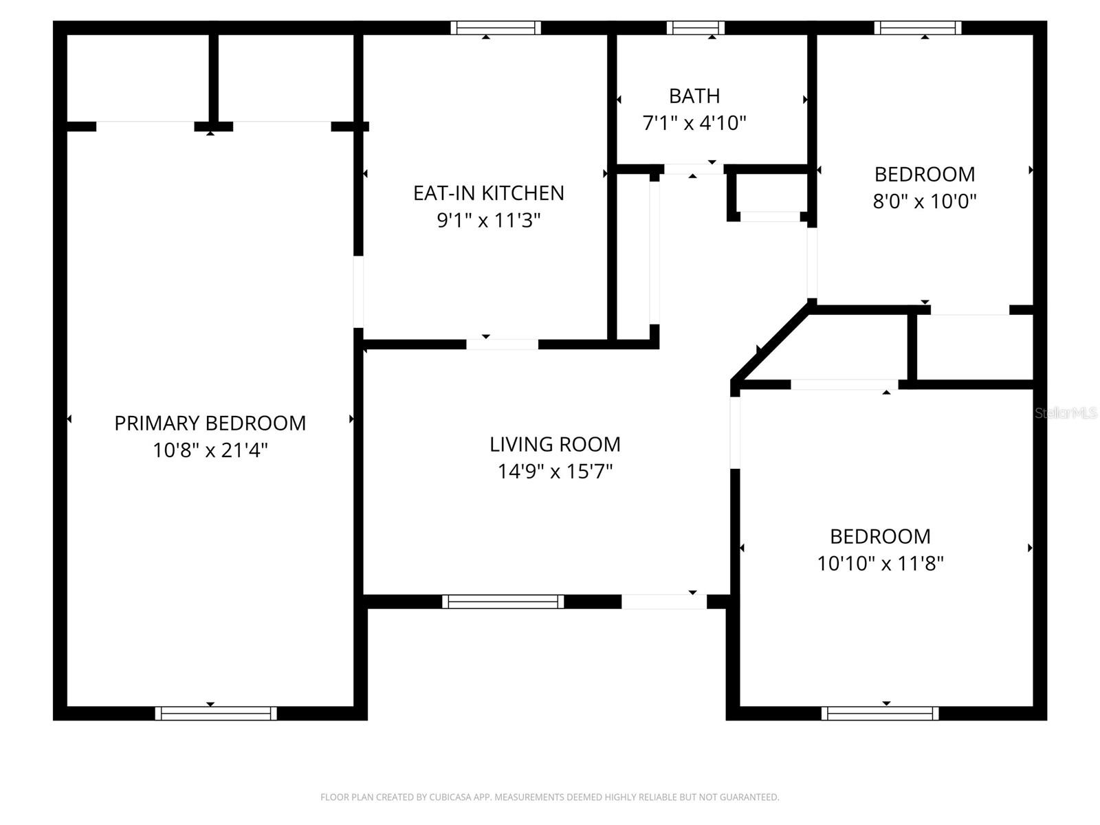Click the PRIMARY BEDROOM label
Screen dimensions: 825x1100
(210, 423)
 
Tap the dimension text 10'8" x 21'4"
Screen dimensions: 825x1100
(210, 450)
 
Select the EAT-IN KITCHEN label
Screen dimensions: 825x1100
(488, 193)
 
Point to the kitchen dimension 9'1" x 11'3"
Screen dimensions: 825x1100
(488, 221)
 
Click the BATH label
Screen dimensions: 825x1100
(694, 96)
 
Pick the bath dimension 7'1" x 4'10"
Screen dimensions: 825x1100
(694, 123)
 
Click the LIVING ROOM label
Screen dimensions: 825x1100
(555, 444)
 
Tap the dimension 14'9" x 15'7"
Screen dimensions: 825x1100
(555, 472)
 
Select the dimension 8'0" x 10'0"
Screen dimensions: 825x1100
(924, 201)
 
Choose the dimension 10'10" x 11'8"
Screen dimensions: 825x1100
(880, 564)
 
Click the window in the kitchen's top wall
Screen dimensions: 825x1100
(496, 28)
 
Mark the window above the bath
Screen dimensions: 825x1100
(695, 28)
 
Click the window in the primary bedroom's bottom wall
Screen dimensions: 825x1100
(216, 714)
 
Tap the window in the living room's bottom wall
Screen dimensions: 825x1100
(503, 602)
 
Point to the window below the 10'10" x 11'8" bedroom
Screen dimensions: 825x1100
(880, 714)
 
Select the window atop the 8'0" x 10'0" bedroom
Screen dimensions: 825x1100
(918, 28)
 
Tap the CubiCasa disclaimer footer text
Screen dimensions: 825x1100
(549, 797)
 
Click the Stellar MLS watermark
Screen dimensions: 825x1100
(1066, 413)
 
